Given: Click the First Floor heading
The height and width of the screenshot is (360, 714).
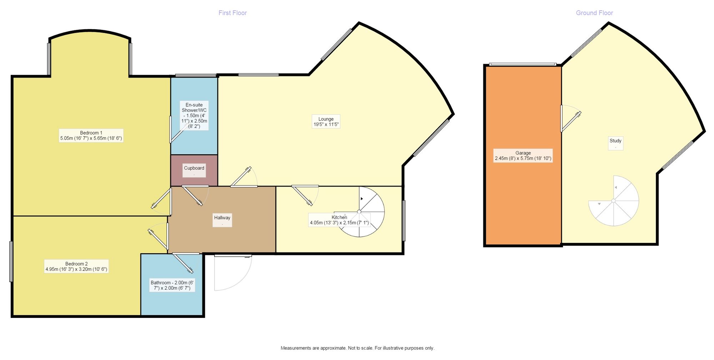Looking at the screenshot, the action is click(x=232, y=13).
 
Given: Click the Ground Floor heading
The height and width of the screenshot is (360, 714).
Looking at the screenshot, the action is click(x=594, y=13).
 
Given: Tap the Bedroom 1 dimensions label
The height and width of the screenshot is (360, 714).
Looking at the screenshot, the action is click(x=91, y=135).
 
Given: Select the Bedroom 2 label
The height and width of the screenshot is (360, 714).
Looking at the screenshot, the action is click(x=76, y=266).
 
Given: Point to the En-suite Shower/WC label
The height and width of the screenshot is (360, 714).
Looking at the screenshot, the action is click(x=194, y=115).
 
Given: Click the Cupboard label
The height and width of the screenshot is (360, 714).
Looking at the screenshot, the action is click(x=194, y=170).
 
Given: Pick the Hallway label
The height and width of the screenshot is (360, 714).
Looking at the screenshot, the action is click(x=222, y=220).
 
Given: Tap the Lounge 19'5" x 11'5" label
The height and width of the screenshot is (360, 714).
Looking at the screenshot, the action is click(x=326, y=121).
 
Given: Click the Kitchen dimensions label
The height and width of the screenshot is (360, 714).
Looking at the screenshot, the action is click(x=339, y=220).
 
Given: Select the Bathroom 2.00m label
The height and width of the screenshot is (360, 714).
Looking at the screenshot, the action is click(x=172, y=285).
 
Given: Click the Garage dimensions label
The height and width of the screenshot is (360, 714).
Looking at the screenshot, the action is click(x=523, y=155).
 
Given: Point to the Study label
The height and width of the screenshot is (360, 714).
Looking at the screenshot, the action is click(x=615, y=143).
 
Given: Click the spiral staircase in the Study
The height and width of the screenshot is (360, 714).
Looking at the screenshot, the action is click(x=614, y=201).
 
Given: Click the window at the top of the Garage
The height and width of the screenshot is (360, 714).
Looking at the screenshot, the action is click(x=523, y=64).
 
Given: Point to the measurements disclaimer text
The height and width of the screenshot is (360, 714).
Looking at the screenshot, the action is click(x=357, y=348).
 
